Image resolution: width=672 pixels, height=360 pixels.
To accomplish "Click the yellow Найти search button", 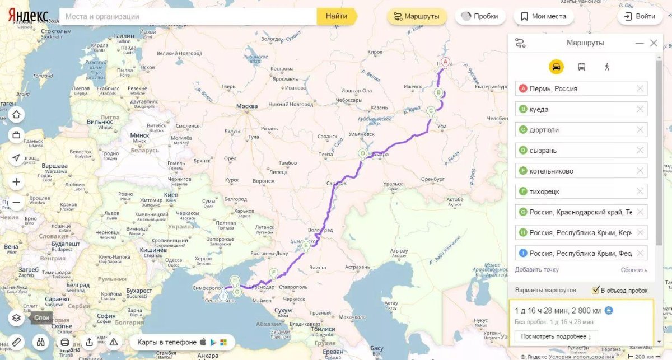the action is (336, 16).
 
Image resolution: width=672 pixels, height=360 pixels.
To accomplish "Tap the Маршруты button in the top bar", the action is (417, 16).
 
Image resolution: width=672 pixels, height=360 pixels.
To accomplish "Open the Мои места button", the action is (543, 16).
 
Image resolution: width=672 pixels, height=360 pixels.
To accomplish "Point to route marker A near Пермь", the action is (445, 62).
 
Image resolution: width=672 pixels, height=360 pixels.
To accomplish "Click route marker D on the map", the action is (362, 153).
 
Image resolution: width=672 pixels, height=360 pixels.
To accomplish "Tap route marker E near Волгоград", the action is (305, 245).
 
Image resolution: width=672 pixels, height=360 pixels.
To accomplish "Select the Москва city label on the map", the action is (247, 106).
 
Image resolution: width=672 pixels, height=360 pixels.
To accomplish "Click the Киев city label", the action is (171, 195).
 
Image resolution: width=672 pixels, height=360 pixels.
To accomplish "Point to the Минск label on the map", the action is (139, 135).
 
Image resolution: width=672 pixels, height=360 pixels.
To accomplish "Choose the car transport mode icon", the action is (556, 67).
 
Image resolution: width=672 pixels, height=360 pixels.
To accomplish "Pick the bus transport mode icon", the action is (581, 67).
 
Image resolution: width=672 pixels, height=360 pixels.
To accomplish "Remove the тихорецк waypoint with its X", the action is (640, 191).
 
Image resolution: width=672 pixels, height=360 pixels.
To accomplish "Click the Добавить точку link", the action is (536, 270).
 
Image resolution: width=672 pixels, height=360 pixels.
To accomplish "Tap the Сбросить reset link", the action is (634, 270).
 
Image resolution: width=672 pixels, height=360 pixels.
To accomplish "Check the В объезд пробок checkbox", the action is (596, 290).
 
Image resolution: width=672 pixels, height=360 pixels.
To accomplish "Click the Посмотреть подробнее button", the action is (556, 336).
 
